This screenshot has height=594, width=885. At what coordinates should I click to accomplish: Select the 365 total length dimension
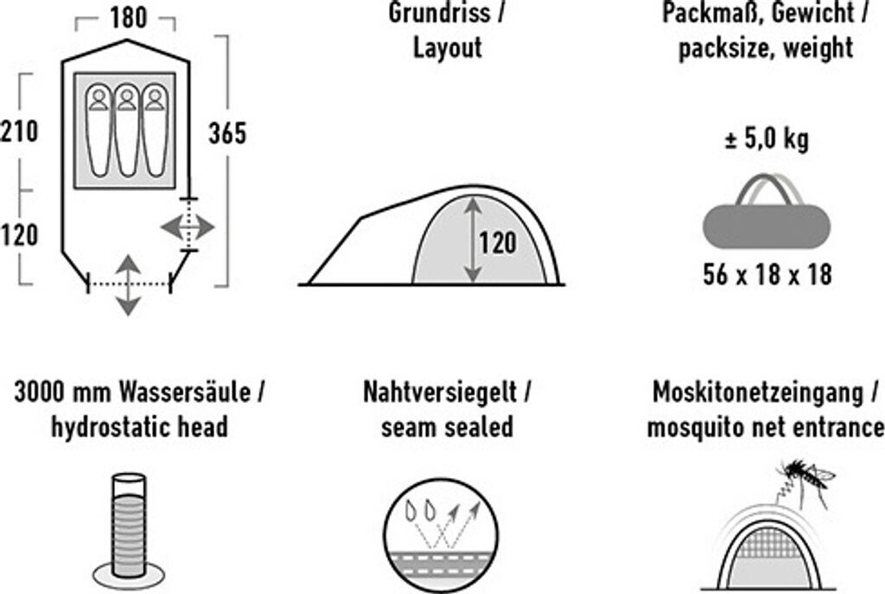coord(227,133)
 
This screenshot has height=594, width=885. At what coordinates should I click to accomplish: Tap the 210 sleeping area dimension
coord(19,132)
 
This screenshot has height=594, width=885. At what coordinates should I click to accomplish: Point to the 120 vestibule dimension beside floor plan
coord(19,234)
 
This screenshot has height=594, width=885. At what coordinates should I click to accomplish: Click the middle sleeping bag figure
coord(125,130)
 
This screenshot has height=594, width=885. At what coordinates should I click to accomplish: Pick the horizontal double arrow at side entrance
coord(188,227)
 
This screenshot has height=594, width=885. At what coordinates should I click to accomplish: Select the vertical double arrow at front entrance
coord(128,284)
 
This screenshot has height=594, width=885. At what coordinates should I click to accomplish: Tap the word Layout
coord(447,47)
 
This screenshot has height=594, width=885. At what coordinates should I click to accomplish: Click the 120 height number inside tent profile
coord(497,244)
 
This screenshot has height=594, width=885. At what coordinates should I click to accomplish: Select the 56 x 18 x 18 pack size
coord(767,275)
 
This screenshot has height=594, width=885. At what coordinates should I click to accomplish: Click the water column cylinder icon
coord(128,526)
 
